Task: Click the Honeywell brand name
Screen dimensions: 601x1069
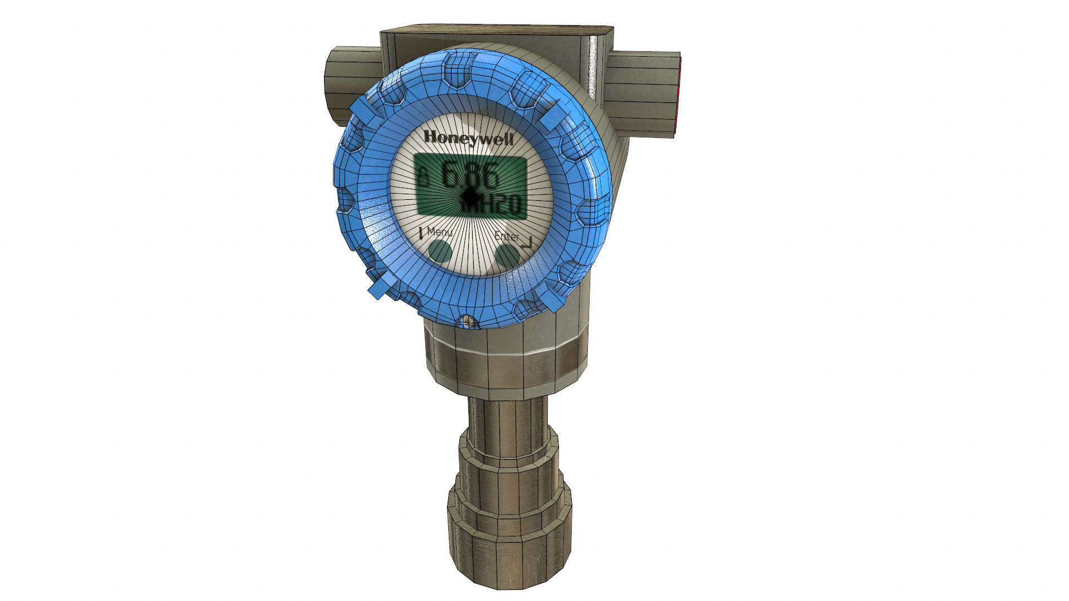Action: point(468,138)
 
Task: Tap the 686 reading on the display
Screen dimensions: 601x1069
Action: point(471,175)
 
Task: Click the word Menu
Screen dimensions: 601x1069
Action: point(439,231)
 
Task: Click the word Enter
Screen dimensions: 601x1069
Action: point(507,237)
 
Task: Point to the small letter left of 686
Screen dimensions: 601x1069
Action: point(424,178)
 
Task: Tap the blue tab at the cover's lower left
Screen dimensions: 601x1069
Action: point(379,288)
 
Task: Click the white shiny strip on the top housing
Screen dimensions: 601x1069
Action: point(594,61)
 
